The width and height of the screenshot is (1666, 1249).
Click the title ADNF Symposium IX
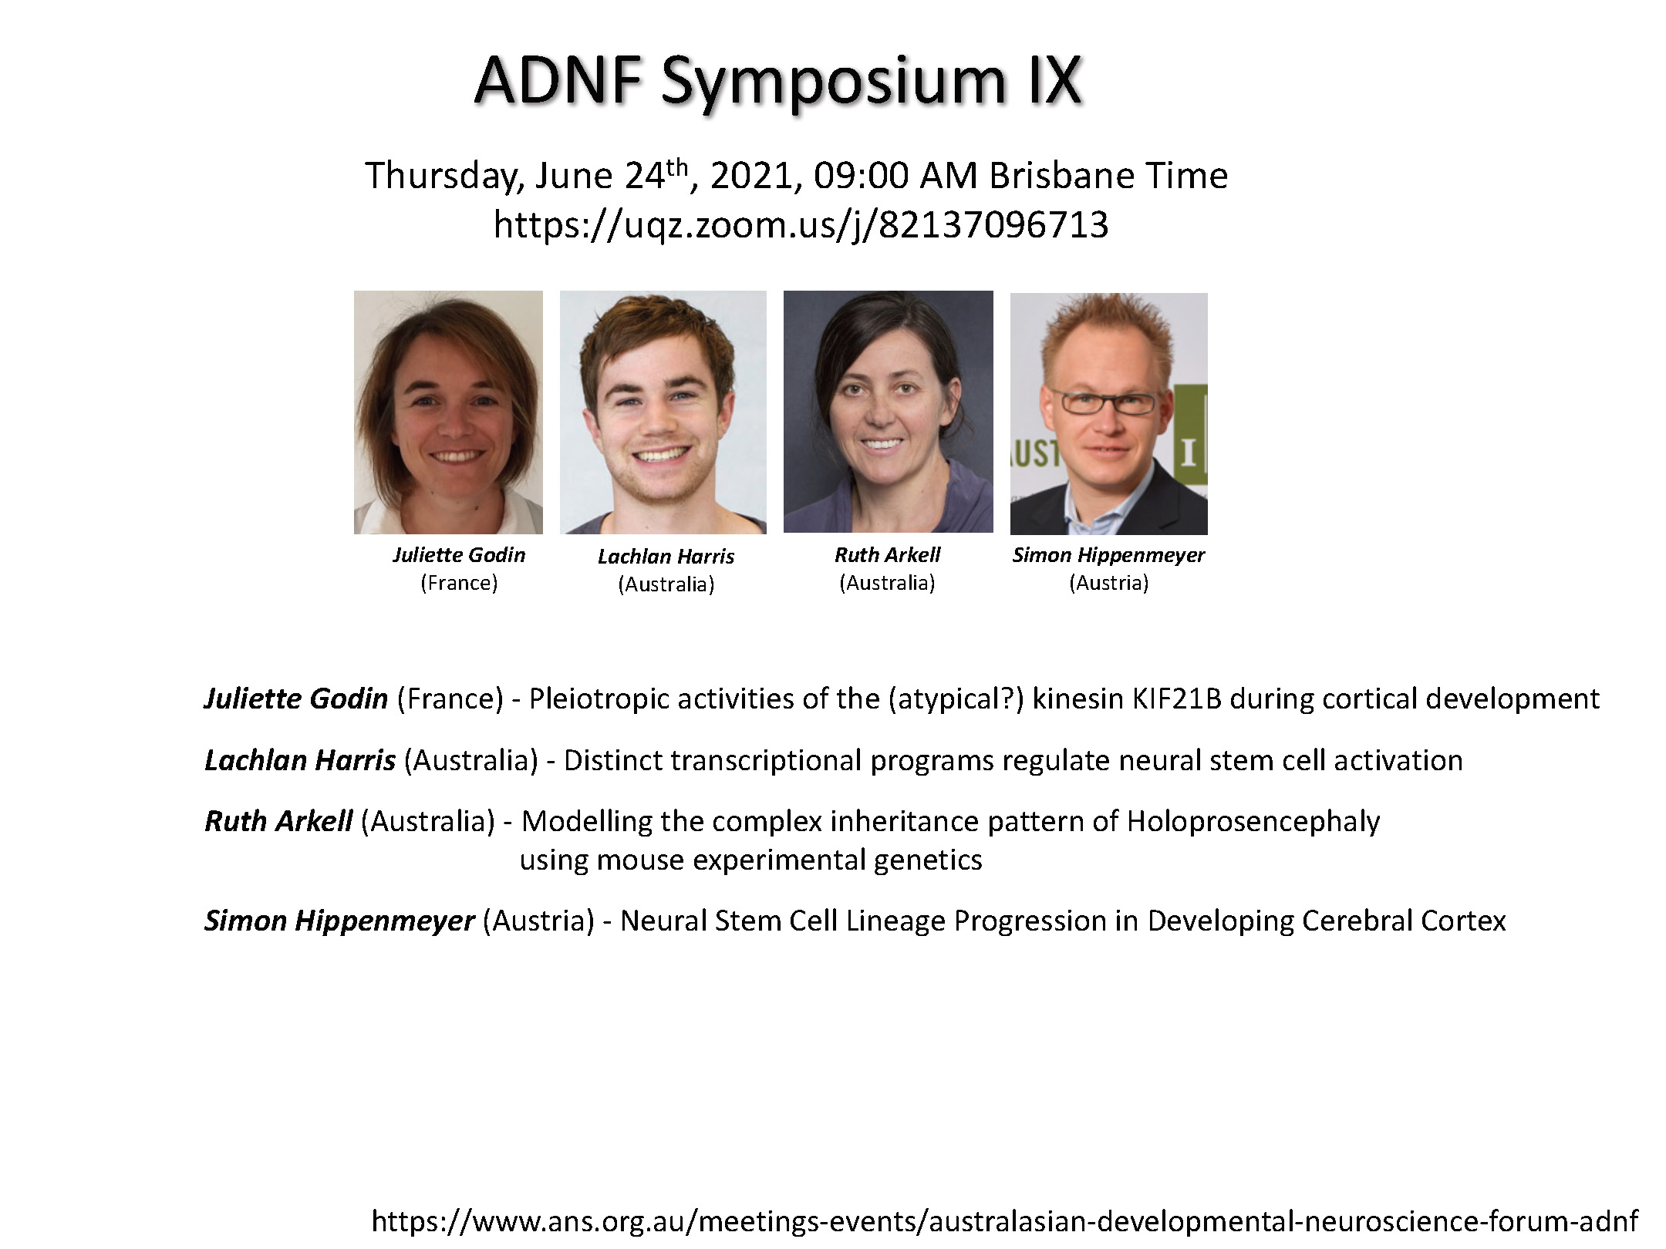coord(778,82)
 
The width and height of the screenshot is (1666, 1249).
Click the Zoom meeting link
coord(801,225)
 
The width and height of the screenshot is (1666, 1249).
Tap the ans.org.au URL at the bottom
coord(1005,1221)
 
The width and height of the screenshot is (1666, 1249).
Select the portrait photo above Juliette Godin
coord(448,412)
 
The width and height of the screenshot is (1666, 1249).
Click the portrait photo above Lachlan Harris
coord(663,412)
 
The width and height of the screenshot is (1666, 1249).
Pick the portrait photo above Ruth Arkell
coord(889,411)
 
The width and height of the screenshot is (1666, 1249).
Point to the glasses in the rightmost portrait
coord(1104,402)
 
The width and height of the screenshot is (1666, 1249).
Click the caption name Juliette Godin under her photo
coord(459,555)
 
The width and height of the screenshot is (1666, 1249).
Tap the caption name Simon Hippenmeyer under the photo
coord(1108,555)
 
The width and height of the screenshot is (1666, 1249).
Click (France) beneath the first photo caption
coord(459,583)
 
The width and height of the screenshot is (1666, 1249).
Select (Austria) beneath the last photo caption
coord(1109,583)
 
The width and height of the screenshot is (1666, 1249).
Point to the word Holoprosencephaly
coord(1253,822)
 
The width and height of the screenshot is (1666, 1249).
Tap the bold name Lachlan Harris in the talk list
coord(300,760)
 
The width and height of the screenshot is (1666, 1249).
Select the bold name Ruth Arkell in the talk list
coord(278,821)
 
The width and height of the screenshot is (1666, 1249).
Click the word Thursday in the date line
coord(445,177)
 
